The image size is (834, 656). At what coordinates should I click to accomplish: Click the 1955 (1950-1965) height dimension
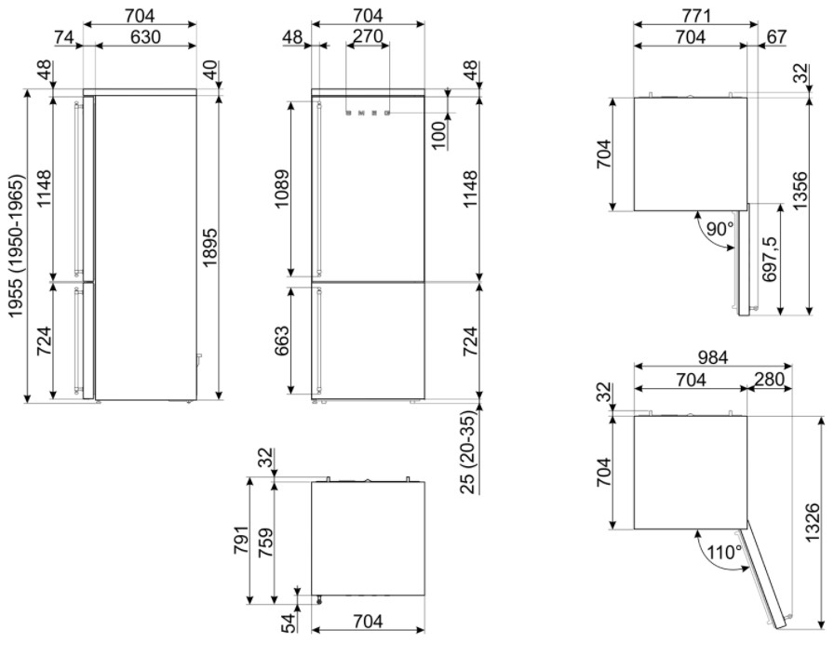16,247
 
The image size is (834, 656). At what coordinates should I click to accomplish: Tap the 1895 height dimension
210,248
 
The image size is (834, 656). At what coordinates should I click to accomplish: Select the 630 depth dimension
145,36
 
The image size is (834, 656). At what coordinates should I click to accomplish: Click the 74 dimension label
64,36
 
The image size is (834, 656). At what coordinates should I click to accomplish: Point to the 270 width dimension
368,35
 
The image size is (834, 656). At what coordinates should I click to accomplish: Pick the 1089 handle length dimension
281,189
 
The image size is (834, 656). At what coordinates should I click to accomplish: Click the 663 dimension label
281,341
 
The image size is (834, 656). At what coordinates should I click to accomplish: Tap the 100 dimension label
438,136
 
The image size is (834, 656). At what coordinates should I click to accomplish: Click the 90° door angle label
720,229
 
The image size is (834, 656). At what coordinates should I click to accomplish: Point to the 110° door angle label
724,552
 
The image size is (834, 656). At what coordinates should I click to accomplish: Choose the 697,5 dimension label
769,259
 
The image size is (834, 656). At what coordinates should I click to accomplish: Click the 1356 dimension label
799,191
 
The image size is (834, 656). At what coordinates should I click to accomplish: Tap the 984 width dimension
713,357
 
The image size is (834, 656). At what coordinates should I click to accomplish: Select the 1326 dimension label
813,523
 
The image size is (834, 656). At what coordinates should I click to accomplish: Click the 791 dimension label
240,540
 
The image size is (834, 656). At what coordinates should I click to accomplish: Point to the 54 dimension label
289,623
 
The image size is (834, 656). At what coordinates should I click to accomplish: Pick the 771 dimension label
696,16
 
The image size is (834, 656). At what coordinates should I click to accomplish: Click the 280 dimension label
769,379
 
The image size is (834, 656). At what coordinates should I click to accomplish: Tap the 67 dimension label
776,36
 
